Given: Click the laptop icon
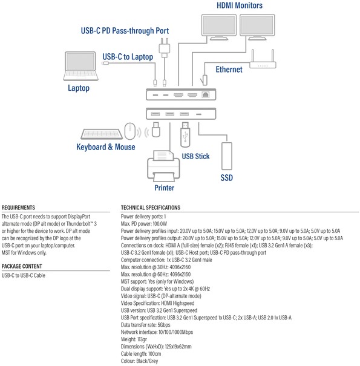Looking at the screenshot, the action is pos(80,67).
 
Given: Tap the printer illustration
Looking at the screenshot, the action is pos(163,166).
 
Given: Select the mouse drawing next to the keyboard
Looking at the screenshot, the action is pos(130,131).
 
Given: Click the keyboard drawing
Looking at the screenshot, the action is pos(102,134).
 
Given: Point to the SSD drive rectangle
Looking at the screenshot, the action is pos(227,156).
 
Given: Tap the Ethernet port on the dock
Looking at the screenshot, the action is pos(206,94).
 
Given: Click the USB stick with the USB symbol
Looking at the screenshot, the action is pos(185,135).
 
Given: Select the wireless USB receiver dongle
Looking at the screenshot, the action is pos(156,129).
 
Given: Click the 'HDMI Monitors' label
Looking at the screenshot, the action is pos(240,5).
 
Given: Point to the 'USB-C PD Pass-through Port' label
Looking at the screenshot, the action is pos(125,31).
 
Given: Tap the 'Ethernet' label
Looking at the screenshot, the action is pos(229,70).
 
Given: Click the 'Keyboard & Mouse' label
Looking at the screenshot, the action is pos(106,147).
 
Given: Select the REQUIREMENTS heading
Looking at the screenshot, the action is pos(18,208).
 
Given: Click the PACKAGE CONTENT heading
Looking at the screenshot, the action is pos(22,266).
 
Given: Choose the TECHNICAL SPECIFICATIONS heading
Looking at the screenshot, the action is pos(151,208).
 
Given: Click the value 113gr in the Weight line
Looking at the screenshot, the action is pos(142,339).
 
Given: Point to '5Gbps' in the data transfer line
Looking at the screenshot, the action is pos(164,325).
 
